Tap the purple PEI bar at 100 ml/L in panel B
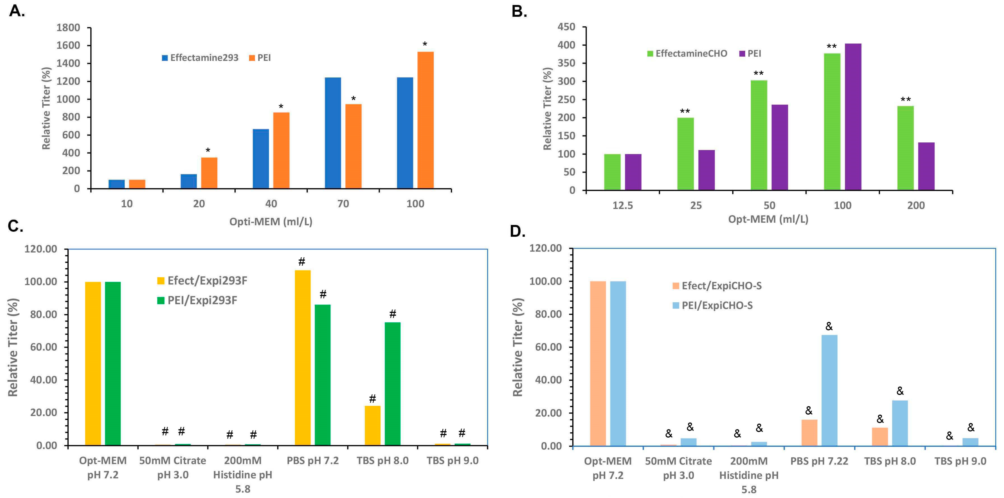853,117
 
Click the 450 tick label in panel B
566,27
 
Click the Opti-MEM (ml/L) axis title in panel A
271,222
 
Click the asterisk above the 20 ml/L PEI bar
208,151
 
